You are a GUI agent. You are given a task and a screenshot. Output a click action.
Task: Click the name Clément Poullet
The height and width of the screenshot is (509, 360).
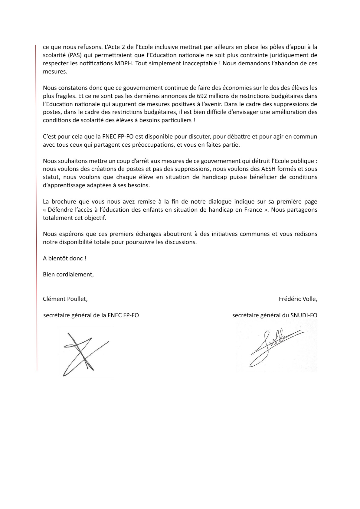pyautogui.click(x=65, y=299)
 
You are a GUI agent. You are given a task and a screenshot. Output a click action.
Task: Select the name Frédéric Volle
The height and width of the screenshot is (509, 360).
pyautogui.click(x=298, y=299)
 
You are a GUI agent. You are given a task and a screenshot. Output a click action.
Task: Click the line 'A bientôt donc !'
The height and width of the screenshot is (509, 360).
pyautogui.click(x=65, y=258)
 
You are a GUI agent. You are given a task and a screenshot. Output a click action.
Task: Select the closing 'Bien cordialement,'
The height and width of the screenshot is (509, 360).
pyautogui.click(x=68, y=274)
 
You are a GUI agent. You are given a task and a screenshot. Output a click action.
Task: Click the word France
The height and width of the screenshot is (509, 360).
pyautogui.click(x=253, y=210)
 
